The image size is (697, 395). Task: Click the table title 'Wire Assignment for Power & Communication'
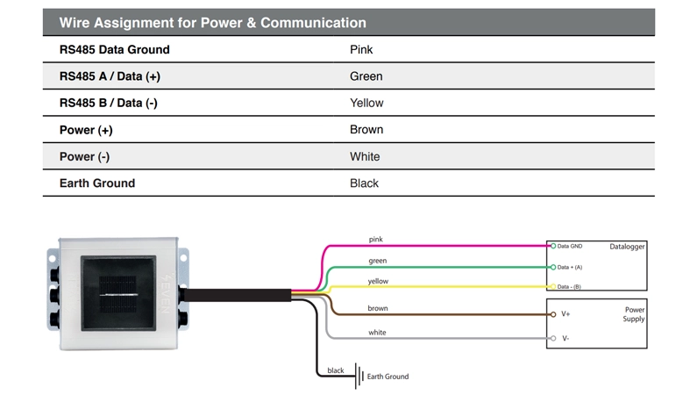tap(212, 23)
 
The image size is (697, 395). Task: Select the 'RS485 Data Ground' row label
tap(114, 50)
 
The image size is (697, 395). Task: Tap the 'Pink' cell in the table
tap(361, 50)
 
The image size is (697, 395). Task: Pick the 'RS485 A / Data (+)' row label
tap(110, 76)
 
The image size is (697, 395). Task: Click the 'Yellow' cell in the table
tap(366, 103)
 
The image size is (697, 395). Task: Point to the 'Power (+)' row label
tap(86, 130)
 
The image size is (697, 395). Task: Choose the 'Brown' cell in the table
tap(366, 130)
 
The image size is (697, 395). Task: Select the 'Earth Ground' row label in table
tap(97, 183)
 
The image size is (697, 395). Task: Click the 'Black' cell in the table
tap(364, 183)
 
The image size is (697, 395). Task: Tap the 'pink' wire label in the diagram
tap(375, 240)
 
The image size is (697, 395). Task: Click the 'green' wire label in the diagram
tap(377, 261)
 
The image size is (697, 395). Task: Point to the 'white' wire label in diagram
tap(377, 333)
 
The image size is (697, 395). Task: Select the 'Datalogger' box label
tap(627, 247)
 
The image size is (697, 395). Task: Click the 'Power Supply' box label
tap(635, 314)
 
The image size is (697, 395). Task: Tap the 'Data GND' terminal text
tap(570, 247)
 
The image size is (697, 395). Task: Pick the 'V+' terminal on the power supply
tap(565, 314)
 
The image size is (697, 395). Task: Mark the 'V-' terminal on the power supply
tap(565, 338)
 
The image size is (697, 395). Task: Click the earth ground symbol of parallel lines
tap(359, 376)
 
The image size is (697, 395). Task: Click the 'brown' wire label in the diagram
tap(378, 309)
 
